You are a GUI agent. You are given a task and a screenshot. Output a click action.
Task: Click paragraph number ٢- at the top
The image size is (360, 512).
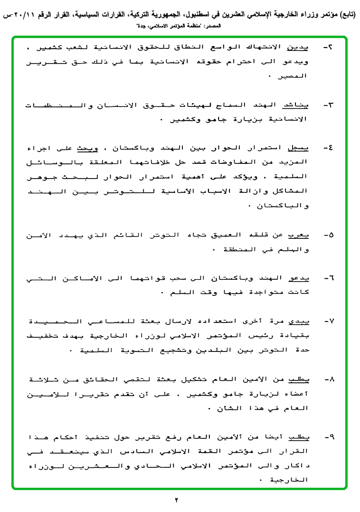pos(328,48)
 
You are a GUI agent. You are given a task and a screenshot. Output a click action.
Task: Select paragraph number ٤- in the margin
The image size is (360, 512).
pos(328,148)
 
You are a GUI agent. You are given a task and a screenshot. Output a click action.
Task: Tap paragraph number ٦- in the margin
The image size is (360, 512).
pos(328,278)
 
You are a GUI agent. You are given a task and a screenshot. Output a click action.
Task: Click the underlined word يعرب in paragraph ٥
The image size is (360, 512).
pos(299,235)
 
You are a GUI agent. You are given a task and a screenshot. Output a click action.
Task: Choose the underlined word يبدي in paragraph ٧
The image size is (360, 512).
pos(299,322)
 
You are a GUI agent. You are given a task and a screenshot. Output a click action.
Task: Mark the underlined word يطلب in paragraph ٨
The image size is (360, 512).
pos(299,379)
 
